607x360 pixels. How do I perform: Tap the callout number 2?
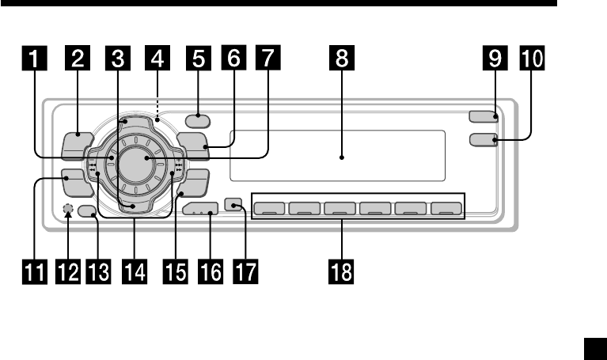pos(79,59)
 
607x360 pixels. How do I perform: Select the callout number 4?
pos(157,59)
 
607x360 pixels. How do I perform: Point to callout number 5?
pos(195,59)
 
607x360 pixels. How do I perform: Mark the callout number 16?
pos(211,273)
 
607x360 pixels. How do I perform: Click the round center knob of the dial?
pos(147,159)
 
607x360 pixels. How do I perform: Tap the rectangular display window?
pos(341,155)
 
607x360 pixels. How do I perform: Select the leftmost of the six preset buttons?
pos(270,210)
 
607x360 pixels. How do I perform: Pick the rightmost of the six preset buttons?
pos(446,210)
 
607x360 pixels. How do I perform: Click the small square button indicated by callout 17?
pos(233,204)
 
